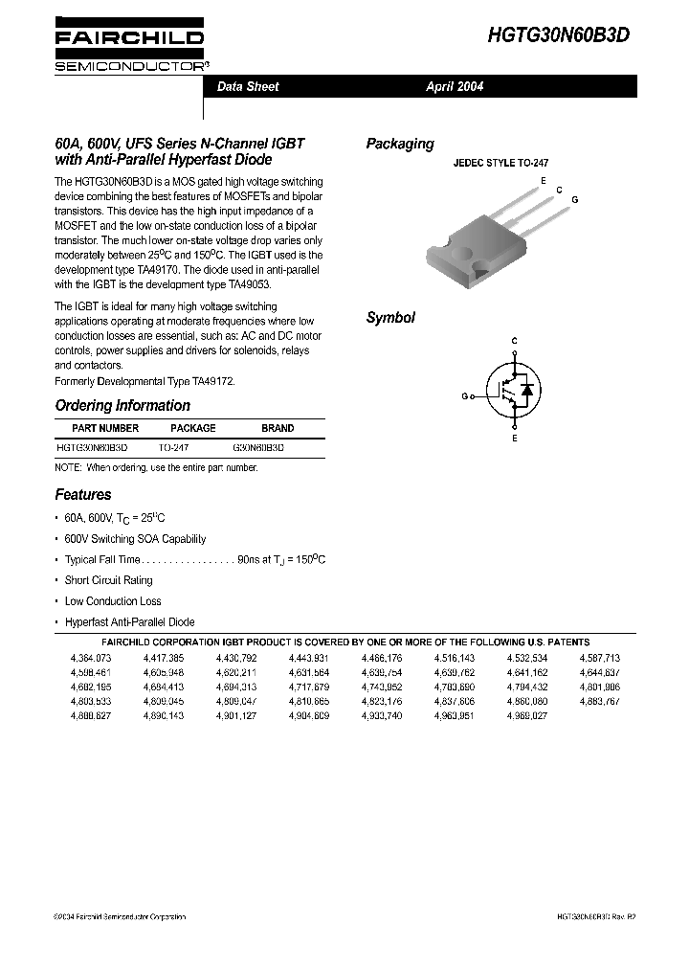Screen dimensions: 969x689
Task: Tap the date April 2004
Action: (455, 86)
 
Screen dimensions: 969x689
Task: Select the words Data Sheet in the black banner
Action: (248, 86)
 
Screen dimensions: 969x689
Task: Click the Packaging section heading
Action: (399, 144)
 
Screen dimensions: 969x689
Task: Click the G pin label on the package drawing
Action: (574, 198)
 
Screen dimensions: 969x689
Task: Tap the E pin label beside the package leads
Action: (543, 180)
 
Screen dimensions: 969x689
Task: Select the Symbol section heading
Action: (390, 318)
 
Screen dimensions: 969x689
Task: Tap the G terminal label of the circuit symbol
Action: (464, 395)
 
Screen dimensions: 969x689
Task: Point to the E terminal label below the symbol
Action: (514, 438)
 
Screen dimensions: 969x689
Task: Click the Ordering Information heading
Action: (122, 405)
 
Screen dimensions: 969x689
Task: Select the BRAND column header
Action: (278, 428)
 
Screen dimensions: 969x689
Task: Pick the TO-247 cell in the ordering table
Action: (173, 447)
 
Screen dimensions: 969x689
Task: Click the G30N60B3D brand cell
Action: (258, 447)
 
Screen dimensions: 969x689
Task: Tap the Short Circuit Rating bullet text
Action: (108, 580)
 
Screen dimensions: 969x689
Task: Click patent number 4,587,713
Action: (599, 659)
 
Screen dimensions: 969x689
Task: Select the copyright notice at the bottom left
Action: (120, 916)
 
